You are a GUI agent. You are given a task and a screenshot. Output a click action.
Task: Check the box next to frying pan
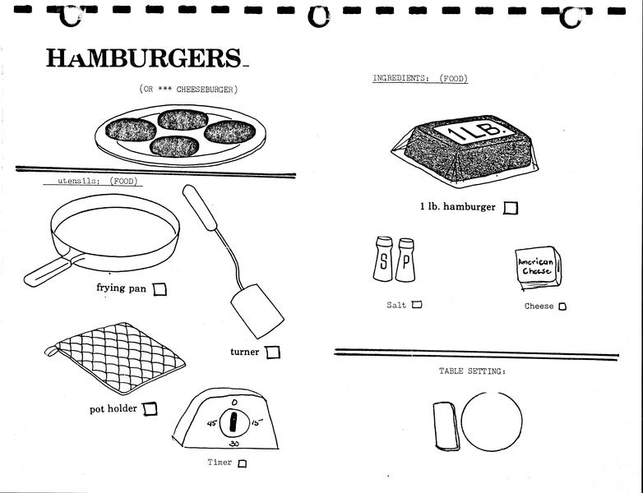click(160, 288)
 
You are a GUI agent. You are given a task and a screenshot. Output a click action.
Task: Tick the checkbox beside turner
click(273, 352)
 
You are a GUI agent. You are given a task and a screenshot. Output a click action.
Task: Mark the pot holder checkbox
click(150, 408)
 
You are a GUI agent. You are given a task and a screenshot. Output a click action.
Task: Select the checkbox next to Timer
click(242, 463)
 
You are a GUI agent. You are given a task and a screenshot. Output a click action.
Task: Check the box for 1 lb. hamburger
click(511, 208)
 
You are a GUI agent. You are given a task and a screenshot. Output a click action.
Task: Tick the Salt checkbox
click(417, 305)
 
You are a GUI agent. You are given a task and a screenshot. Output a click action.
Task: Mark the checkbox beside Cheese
click(562, 306)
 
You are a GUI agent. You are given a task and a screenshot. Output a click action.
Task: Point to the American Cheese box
click(537, 270)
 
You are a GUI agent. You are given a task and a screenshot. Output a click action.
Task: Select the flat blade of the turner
click(257, 311)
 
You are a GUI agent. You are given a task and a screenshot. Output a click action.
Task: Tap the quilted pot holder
click(115, 359)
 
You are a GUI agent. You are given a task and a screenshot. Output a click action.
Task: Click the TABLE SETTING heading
click(472, 372)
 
